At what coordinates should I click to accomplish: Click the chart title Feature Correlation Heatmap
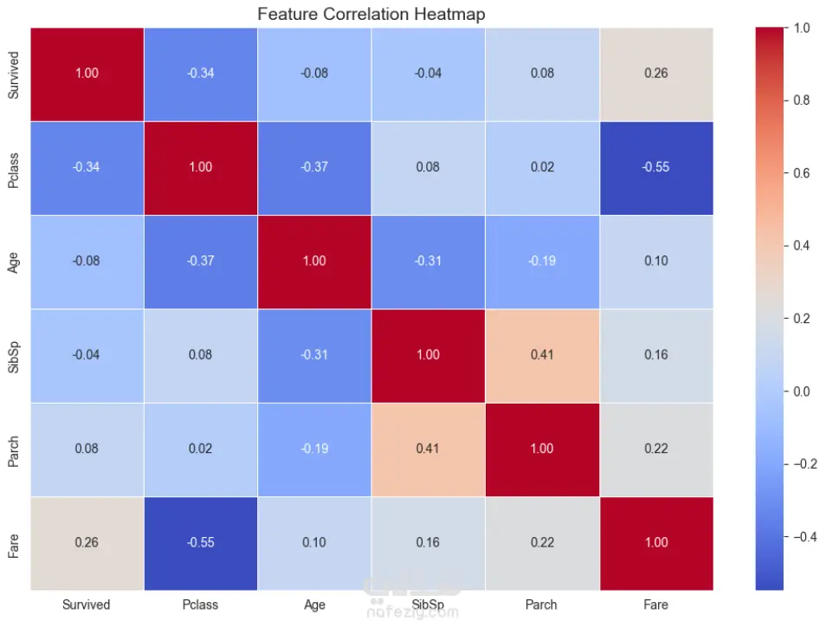coord(371,14)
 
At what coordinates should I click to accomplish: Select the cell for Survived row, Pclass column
coord(200,74)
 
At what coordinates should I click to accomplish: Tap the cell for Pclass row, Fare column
coord(656,168)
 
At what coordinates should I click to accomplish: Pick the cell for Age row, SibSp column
coord(429,262)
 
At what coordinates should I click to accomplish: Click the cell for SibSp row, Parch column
coord(542,355)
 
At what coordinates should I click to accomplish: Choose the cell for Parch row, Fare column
coord(656,449)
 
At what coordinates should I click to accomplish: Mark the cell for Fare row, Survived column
coord(87,543)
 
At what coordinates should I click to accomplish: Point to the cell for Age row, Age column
coord(314,262)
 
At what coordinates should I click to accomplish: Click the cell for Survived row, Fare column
coord(656,74)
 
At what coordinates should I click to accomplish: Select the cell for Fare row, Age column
coord(314,543)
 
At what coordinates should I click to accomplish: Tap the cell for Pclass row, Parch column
coord(542,168)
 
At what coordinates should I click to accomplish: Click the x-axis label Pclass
coord(200,605)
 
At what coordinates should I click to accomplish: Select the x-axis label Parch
coord(542,605)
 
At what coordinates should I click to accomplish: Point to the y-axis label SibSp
coord(13,355)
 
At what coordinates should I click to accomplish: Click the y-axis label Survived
coord(13,74)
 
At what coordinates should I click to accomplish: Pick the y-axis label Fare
coord(13,543)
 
